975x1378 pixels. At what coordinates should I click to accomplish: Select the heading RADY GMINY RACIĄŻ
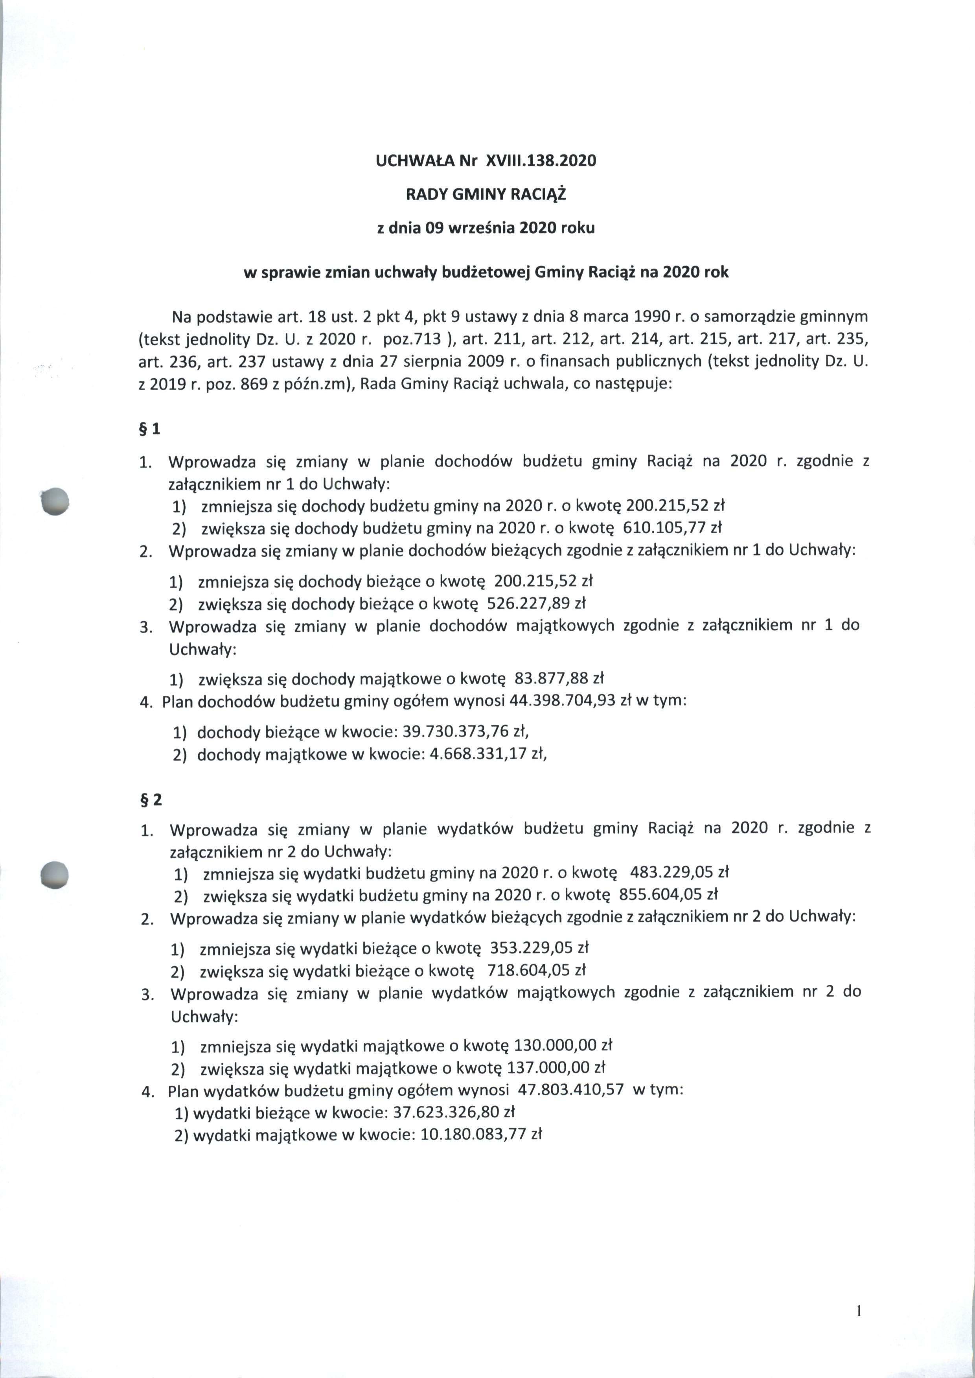click(486, 195)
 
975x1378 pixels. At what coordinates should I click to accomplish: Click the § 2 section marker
click(150, 800)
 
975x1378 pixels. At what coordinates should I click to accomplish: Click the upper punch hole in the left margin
click(55, 500)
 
